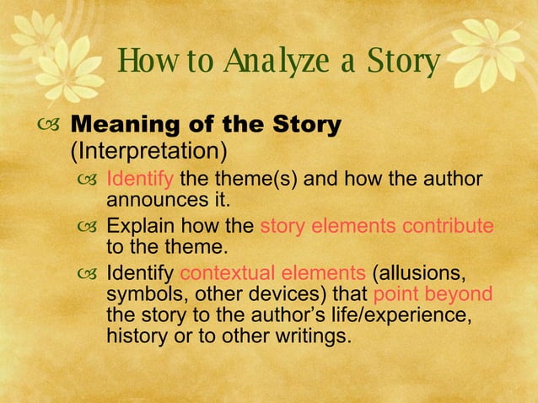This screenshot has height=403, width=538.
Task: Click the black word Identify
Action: [x=140, y=274]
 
